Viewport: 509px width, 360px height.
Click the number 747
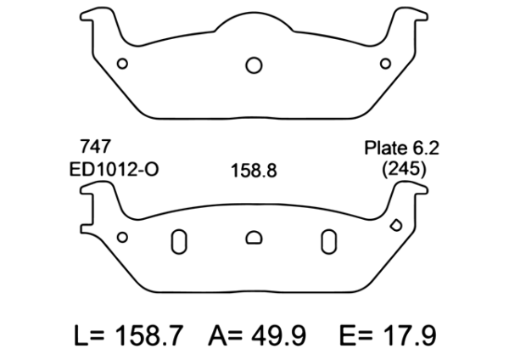[93, 147]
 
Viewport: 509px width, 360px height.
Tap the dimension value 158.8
[255, 170]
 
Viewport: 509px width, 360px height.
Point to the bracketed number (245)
[404, 168]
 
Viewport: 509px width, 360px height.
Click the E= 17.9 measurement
[384, 334]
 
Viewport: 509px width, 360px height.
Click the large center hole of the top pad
[254, 65]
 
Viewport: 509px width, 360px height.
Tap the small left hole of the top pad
[122, 63]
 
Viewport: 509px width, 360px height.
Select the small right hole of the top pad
[385, 63]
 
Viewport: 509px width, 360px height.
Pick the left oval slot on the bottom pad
[179, 242]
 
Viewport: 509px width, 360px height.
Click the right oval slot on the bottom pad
[327, 242]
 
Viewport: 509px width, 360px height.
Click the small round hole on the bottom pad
[122, 238]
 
